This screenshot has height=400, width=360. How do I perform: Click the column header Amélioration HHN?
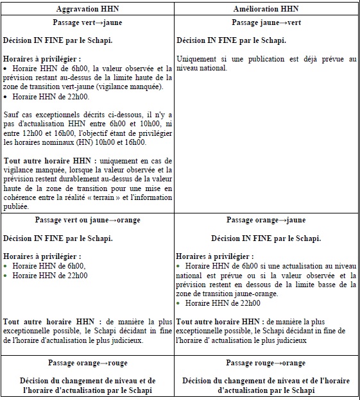[266, 9]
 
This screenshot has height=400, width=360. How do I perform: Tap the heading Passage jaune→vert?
[266, 22]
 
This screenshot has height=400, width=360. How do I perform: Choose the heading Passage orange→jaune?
[266, 220]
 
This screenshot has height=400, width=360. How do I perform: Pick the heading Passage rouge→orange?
[266, 363]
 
